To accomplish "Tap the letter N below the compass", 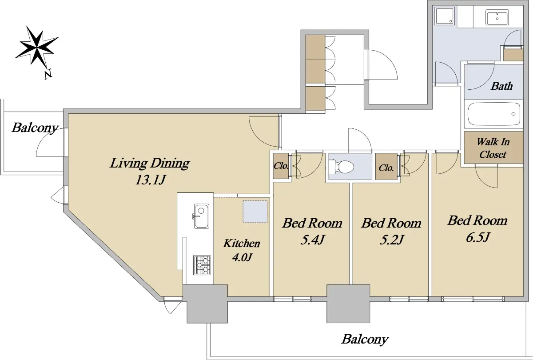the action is coord(48,74).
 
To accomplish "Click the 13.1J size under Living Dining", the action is coord(150,180).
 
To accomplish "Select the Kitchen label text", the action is coord(242,244).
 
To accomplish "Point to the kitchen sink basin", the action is coord(202,216).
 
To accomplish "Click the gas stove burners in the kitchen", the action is coord(202,265).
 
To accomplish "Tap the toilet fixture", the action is coord(342,166).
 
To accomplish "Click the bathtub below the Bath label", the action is coord(494,114).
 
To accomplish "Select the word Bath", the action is coord(501,86).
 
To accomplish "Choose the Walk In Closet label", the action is coord(493,148).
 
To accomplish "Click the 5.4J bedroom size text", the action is coord(313,240).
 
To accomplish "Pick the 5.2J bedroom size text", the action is coord(392,240).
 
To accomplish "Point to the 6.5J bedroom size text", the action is coord(477,237).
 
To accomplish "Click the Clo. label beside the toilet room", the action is coord(386,168).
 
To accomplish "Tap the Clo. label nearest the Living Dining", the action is coord(281,166).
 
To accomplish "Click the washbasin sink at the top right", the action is coord(497,17).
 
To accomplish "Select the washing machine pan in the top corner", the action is coord(445,16).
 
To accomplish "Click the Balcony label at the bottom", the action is coord(365,339).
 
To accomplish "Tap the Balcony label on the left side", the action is coord(35,128).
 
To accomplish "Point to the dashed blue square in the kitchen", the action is coord(255,212).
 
